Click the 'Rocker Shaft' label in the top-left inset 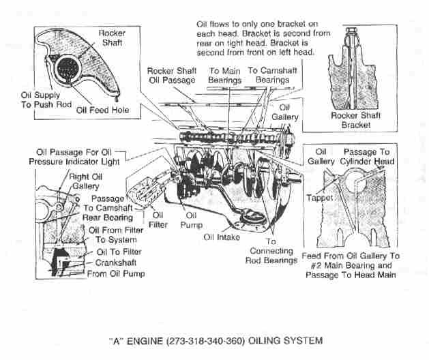click(x=111, y=38)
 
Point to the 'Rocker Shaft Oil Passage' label click(x=172, y=75)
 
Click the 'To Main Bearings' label click(x=225, y=75)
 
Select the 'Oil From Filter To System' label click(x=113, y=235)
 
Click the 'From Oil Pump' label click(x=116, y=274)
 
